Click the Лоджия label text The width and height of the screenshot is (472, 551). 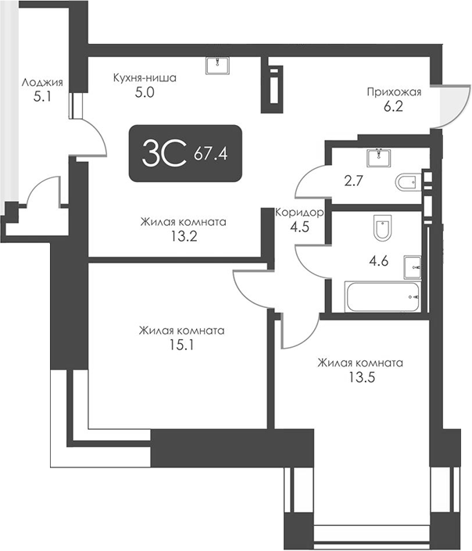pos(42,82)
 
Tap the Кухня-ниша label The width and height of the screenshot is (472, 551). pos(145,78)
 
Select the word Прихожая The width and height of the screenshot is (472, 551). pos(394,91)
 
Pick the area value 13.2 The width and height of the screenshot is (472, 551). pos(183,237)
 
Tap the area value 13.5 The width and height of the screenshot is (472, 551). pos(359,377)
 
